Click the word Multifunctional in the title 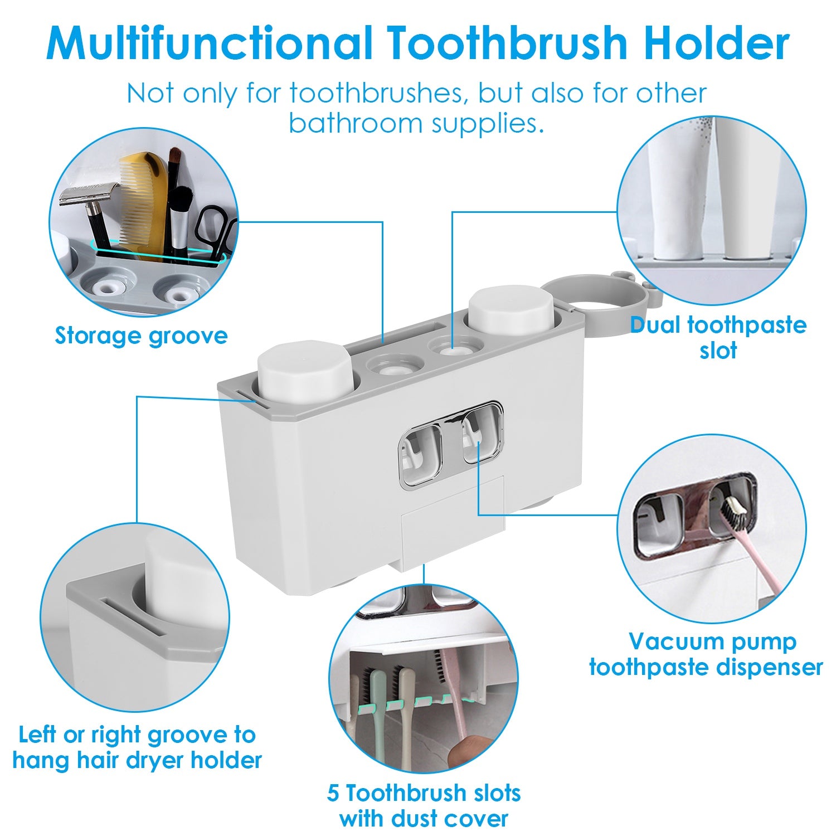click(209, 43)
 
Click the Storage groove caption click(141, 336)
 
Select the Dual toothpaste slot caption click(718, 338)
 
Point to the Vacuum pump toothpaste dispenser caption click(706, 654)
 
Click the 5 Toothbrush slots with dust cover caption click(424, 805)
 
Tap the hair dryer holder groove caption click(137, 747)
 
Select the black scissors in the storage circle click(215, 226)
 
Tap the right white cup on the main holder click(511, 309)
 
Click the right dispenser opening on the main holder click(480, 435)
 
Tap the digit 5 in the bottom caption click(333, 793)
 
